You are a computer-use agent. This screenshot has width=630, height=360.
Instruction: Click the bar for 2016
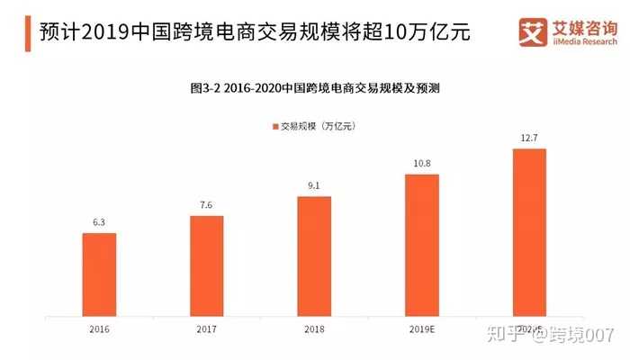(99, 274)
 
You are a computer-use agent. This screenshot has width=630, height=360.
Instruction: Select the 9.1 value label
(314, 187)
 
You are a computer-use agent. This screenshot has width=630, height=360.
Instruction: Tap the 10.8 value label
(421, 165)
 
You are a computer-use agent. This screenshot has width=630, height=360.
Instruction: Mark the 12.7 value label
(529, 139)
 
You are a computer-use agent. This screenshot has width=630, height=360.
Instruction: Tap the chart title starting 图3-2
(314, 88)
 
